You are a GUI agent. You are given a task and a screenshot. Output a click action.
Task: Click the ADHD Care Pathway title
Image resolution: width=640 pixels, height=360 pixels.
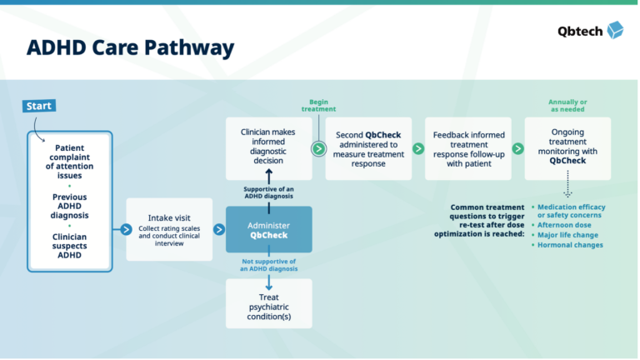pos(130,47)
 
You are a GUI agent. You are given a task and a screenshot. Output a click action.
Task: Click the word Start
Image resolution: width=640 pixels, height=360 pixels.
pos(38,106)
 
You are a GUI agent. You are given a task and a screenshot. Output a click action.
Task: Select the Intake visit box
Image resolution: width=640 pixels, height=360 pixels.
pos(169,229)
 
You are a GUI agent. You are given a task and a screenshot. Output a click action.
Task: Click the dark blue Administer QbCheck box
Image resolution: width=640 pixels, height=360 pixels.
pos(268,229)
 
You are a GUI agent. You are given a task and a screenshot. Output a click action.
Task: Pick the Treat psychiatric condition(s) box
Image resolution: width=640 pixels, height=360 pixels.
pos(268,303)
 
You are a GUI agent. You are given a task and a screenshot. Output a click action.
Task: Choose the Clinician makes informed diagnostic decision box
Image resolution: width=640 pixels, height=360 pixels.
pos(268,147)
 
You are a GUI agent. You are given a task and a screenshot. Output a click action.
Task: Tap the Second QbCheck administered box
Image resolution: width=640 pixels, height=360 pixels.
pos(368,148)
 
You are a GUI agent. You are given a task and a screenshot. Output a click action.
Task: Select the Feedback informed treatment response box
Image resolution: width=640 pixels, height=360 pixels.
pos(467,148)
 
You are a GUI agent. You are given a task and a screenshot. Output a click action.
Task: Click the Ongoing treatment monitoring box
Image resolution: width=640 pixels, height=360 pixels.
pos(567,147)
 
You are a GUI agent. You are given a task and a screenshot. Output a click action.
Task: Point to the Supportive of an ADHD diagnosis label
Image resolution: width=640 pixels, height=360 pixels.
pos(268,192)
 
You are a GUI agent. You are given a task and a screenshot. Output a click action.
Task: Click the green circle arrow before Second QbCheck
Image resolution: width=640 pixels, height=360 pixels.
pos(317,149)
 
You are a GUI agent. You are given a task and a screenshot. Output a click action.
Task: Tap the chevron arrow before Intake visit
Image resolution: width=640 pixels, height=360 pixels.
pos(127,229)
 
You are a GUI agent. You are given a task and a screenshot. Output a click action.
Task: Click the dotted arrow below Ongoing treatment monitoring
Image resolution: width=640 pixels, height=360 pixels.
pos(567,184)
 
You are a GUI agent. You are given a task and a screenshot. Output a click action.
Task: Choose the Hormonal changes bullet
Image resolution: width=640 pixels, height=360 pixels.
pos(571,245)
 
